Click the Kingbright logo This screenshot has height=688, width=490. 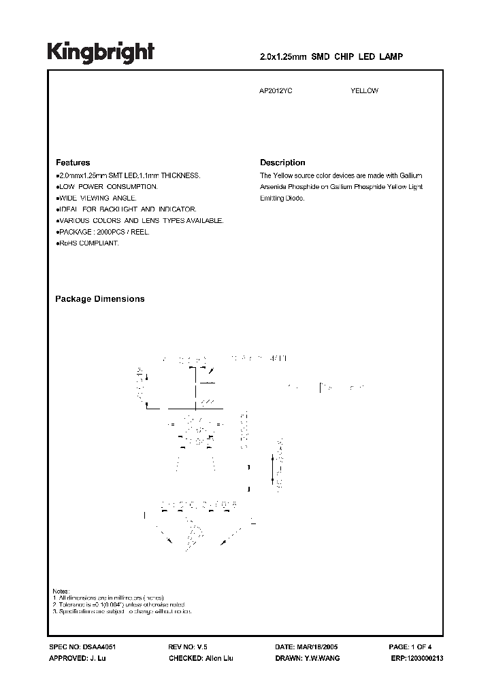pyautogui.click(x=100, y=52)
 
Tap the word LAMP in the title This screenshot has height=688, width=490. pyautogui.click(x=392, y=58)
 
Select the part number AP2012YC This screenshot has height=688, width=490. pyautogui.click(x=276, y=91)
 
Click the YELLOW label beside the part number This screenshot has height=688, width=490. pyautogui.click(x=364, y=91)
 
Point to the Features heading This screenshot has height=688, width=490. pyautogui.click(x=73, y=163)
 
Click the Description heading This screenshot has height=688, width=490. pyautogui.click(x=282, y=163)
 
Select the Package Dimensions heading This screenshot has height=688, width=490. pyautogui.click(x=99, y=299)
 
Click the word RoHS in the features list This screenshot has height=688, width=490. pyautogui.click(x=67, y=243)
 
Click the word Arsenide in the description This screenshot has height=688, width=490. pyautogui.click(x=274, y=186)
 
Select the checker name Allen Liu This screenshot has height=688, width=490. pyautogui.click(x=218, y=659)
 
